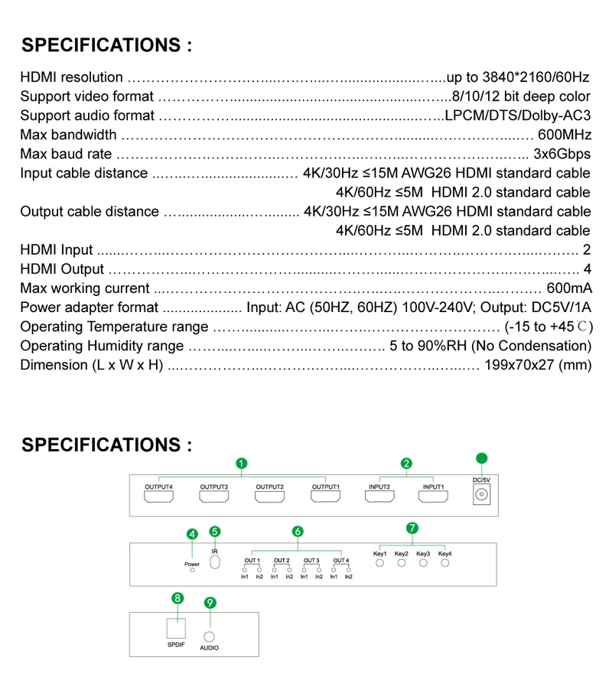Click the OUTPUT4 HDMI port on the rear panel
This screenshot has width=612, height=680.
pyautogui.click(x=158, y=497)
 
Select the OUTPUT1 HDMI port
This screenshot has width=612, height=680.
pyautogui.click(x=325, y=497)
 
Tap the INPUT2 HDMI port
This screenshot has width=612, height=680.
pyautogui.click(x=379, y=497)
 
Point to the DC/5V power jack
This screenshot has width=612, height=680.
pyautogui.click(x=481, y=496)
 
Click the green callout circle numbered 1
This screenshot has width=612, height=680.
pyautogui.click(x=241, y=463)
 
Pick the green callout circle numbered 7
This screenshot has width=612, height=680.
pyautogui.click(x=412, y=527)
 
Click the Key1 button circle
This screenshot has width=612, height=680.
pyautogui.click(x=380, y=564)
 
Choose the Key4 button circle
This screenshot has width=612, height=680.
pyautogui.click(x=444, y=564)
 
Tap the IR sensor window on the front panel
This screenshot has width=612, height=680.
pyautogui.click(x=215, y=561)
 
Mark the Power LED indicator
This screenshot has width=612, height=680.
pyautogui.click(x=192, y=571)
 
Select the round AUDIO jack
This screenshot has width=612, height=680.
pyautogui.click(x=209, y=634)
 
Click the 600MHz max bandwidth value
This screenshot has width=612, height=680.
pyautogui.click(x=564, y=135)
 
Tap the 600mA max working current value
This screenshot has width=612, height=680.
pyautogui.click(x=569, y=288)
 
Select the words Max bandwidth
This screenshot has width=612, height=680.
pyautogui.click(x=68, y=135)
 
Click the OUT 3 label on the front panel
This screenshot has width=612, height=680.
pyautogui.click(x=311, y=560)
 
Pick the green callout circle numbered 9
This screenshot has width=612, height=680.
pyautogui.click(x=210, y=602)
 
